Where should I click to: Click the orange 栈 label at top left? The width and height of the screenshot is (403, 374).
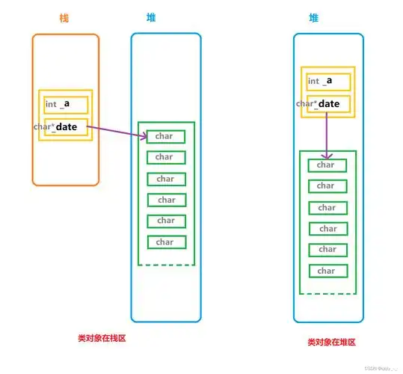[64, 17]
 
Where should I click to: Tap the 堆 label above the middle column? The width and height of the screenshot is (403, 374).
[153, 17]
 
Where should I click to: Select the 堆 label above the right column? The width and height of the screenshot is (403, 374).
[313, 17]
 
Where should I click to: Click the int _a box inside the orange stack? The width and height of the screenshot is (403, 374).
[66, 105]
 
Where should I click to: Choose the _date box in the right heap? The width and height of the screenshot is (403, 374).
[327, 104]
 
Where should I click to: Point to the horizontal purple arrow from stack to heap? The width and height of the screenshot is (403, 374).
[116, 132]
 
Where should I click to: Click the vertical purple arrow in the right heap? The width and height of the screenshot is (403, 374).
[327, 139]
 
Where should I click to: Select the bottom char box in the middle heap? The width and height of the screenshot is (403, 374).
[166, 242]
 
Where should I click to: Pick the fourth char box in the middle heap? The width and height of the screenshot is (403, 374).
[166, 200]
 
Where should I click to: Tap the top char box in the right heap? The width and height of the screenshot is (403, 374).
[327, 165]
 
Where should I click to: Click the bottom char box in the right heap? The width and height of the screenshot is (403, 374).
[327, 271]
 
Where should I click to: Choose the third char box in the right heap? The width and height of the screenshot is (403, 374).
[327, 207]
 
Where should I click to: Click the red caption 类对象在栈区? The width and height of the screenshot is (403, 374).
[102, 338]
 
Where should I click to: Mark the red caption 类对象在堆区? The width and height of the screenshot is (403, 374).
[330, 342]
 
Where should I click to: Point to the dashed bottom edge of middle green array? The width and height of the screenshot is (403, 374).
[166, 264]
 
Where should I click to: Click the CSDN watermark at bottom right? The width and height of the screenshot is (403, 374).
[381, 368]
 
